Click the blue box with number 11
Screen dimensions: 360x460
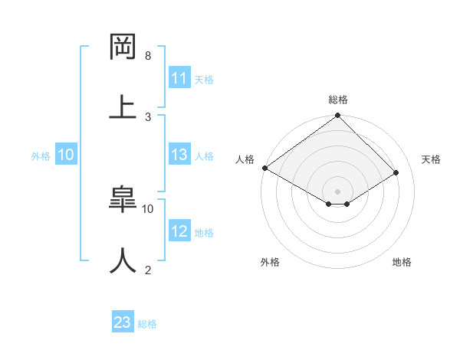pos(179,78)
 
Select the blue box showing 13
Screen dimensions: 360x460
pos(179,155)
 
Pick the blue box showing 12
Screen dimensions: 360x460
pos(179,231)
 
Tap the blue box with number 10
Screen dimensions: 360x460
pos(65,155)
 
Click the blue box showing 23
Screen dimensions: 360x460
pos(123,322)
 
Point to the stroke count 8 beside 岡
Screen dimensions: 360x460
pos(148,56)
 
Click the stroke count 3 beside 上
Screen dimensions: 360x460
pos(148,116)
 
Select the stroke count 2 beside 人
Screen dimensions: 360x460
pos(148,270)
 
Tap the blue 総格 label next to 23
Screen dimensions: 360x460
pos(147,324)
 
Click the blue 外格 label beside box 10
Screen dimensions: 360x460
pos(41,156)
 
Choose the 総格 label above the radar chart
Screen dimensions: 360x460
pos(337,100)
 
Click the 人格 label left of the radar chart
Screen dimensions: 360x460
pos(245,159)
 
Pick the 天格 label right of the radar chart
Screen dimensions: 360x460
pos(432,159)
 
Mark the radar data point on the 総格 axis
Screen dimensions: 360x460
pos(337,116)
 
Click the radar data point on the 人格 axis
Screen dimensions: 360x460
pos(264,168)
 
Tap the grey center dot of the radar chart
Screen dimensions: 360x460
pos(337,191)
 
